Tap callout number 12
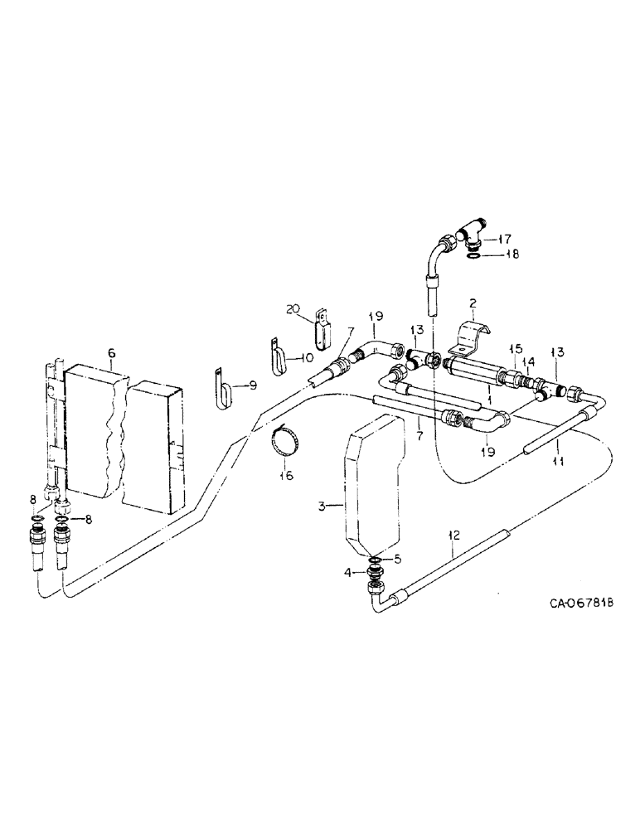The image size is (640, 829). (x=452, y=536)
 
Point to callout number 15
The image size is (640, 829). (x=513, y=347)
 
